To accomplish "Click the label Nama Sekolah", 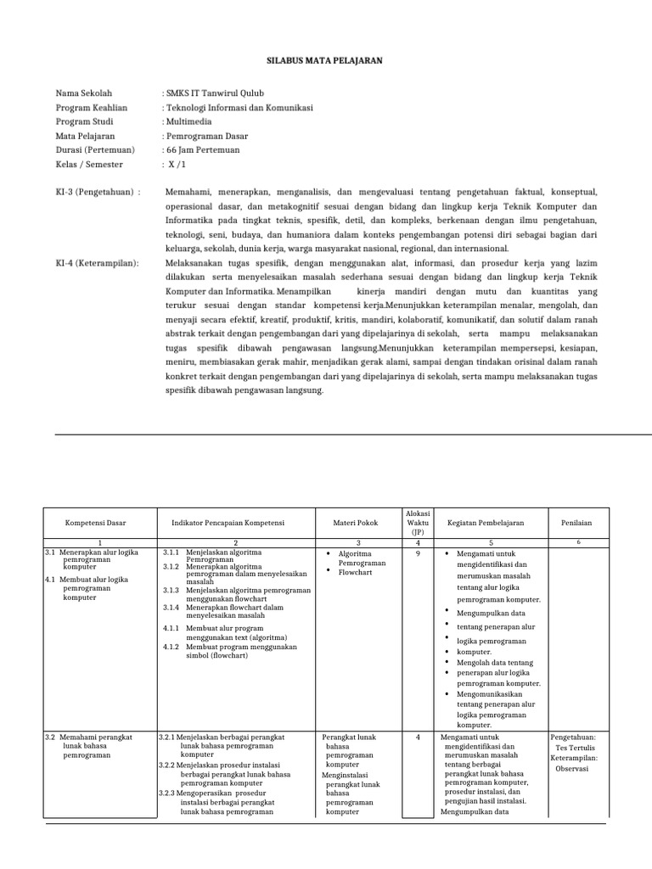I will point(83,93).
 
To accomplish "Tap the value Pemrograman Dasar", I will point(205,136).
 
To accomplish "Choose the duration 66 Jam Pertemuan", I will point(203,150).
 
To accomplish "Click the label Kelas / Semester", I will point(89,165).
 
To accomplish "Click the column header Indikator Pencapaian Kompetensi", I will point(235,524).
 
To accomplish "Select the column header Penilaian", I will point(577,524).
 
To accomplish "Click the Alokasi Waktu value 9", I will point(418,552).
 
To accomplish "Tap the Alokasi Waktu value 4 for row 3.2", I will point(418,737).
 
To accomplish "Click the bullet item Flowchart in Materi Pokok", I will point(357,573).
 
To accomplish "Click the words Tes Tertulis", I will point(576,748).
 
